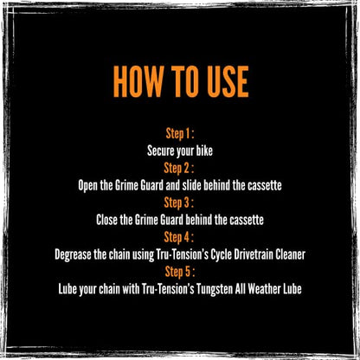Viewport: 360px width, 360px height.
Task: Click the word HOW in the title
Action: click(138, 81)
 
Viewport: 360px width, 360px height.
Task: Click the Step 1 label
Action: click(180, 134)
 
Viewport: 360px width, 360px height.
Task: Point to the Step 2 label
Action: click(178, 169)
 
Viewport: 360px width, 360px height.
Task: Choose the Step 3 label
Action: click(178, 202)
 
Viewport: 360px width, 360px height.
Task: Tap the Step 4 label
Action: click(178, 237)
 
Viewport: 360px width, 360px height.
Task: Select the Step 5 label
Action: click(180, 272)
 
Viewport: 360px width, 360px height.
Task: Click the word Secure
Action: click(160, 151)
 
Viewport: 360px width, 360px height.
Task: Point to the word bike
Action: click(204, 151)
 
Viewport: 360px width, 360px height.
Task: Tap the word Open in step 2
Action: click(87, 186)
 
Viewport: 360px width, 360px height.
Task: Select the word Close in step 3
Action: click(106, 220)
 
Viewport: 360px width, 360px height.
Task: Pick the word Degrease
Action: click(73, 254)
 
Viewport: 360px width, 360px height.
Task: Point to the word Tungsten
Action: click(215, 289)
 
